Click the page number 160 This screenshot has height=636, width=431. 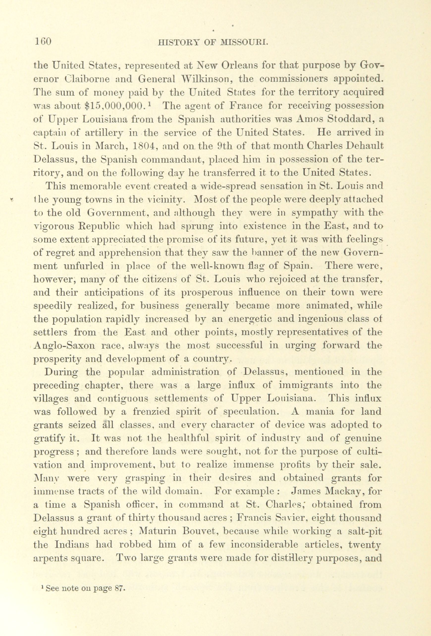pos(43,42)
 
